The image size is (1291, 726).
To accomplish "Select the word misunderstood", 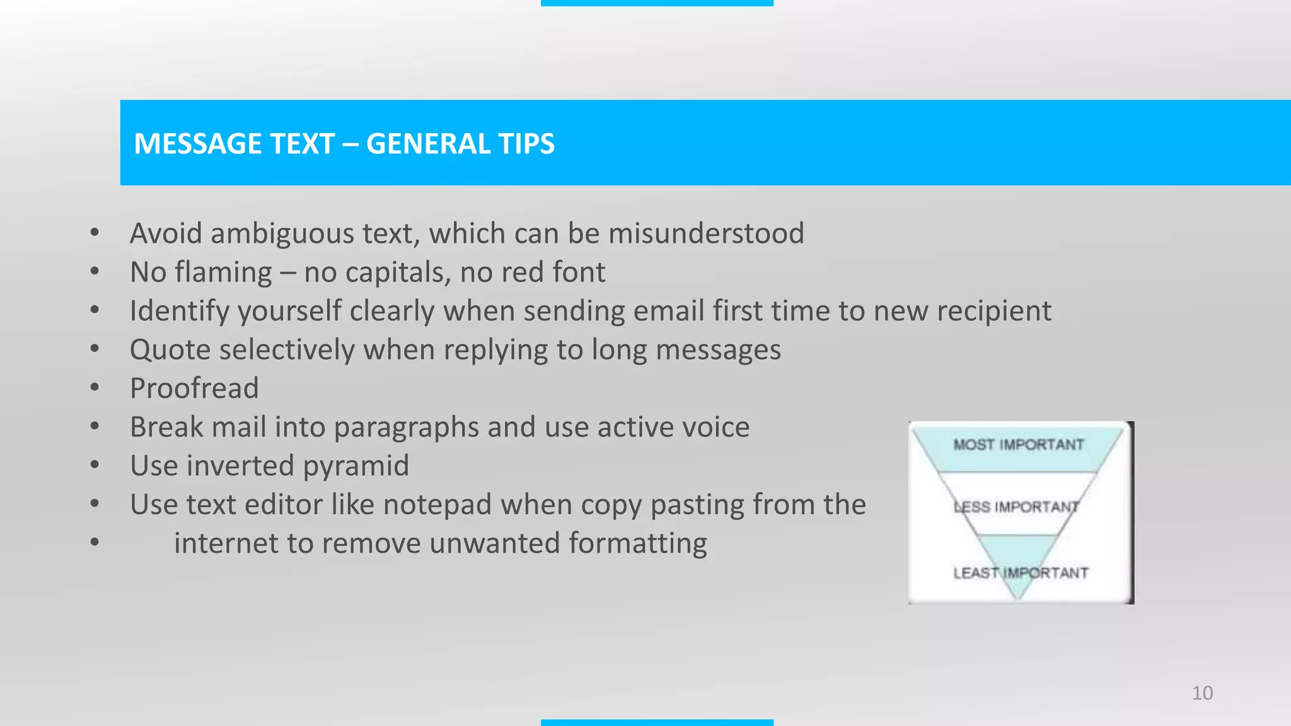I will (706, 233).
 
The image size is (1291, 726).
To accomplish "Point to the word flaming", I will (223, 273).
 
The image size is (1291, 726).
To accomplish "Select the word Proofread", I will (194, 388).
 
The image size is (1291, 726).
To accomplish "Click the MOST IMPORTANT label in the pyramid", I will (1018, 445).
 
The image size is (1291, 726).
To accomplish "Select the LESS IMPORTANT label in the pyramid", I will (1016, 507).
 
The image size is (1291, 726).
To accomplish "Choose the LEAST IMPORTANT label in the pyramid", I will (1021, 573).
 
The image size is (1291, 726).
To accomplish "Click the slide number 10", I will (1202, 693).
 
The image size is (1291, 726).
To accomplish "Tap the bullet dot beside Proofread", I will (95, 388).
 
